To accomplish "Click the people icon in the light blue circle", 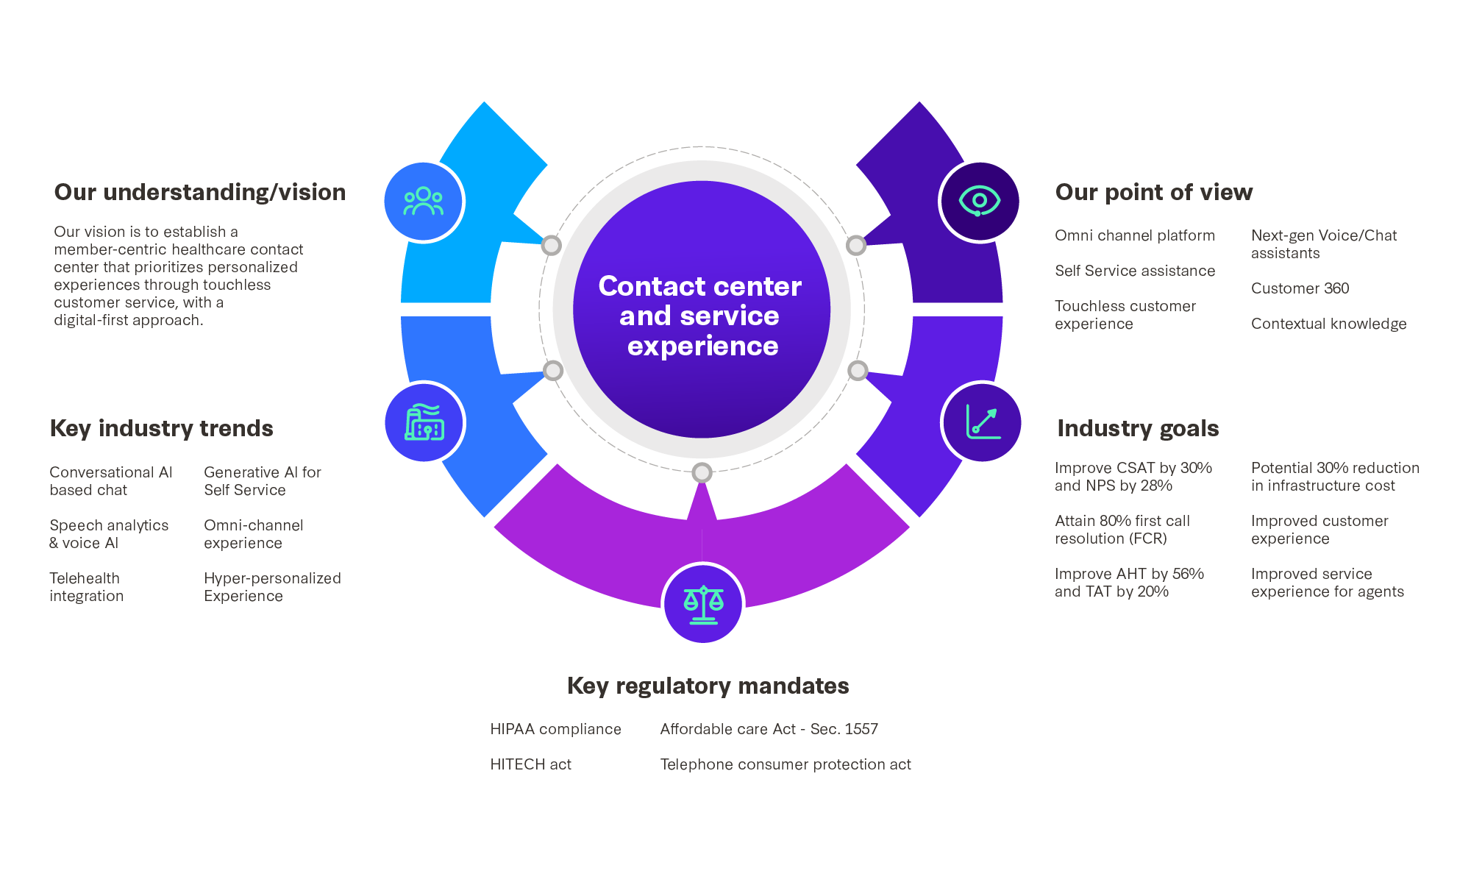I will tap(424, 201).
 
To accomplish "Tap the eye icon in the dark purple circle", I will tap(979, 201).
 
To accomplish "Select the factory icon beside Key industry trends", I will tap(424, 422).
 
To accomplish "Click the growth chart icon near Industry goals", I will tap(982, 422).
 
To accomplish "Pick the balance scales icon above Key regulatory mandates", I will tap(703, 603).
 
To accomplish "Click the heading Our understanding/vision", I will tap(200, 192).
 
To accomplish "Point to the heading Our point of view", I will tap(1153, 192).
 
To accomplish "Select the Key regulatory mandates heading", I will tap(708, 686).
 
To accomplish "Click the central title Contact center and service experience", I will tap(700, 316).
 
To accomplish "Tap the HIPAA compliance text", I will tap(555, 729).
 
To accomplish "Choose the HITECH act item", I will tap(530, 764).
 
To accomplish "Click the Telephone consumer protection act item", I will tap(785, 764).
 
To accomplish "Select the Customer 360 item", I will tap(1300, 288).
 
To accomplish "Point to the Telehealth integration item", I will tap(86, 587).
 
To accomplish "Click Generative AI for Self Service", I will tap(263, 481).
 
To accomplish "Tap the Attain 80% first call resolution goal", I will tap(1122, 530).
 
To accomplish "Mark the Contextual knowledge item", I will tap(1328, 324).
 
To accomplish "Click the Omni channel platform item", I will tap(1134, 235).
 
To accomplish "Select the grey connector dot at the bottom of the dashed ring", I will tap(702, 472).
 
